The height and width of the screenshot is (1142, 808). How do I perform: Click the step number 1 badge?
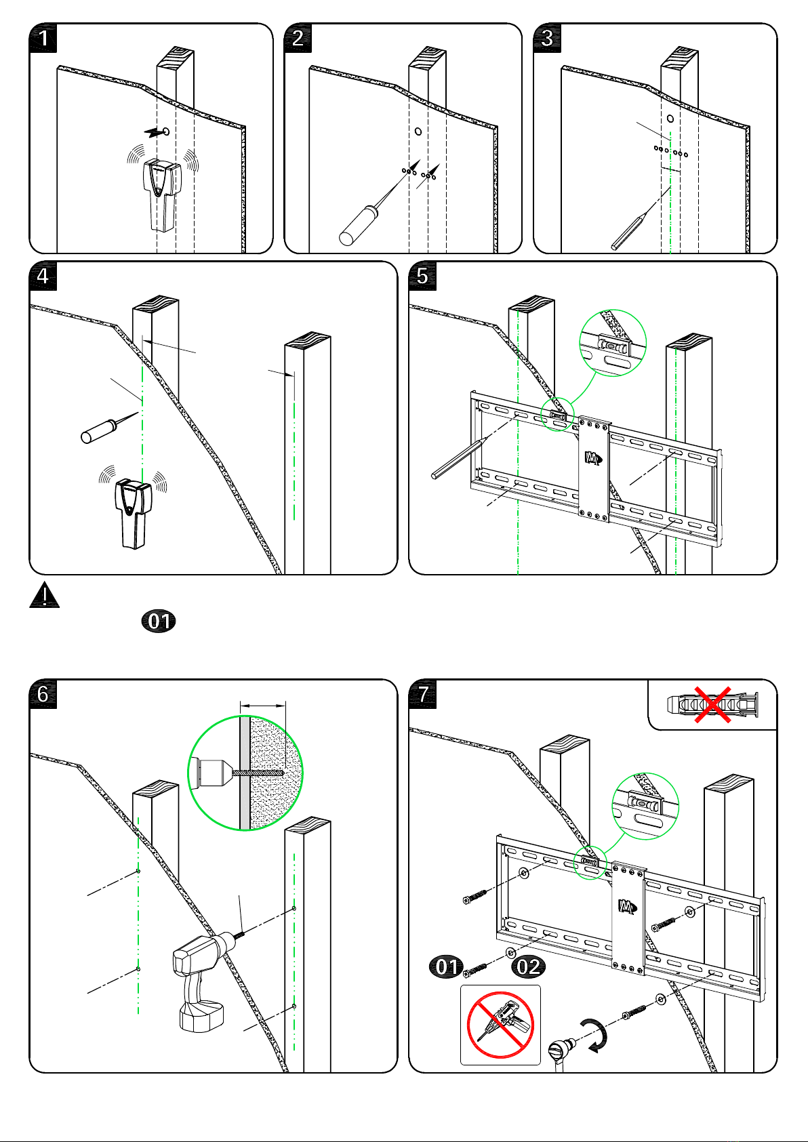(43, 38)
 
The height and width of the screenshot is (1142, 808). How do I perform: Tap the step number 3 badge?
(547, 38)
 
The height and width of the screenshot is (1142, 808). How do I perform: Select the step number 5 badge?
(422, 276)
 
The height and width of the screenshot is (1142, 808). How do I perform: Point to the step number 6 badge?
(43, 694)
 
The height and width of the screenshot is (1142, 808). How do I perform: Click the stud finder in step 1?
(163, 195)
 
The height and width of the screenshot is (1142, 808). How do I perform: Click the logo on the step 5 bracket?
(593, 458)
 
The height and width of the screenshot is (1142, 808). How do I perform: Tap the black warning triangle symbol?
(44, 595)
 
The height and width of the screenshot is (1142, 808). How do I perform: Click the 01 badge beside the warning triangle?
(159, 621)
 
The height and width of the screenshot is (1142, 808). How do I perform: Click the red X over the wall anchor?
(712, 705)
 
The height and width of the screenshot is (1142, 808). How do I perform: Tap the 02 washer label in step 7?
(528, 967)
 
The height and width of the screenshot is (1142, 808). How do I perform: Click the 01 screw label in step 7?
(447, 966)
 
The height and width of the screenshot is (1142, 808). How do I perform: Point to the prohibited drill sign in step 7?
(500, 1024)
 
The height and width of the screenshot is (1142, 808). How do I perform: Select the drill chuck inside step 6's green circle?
(211, 773)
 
